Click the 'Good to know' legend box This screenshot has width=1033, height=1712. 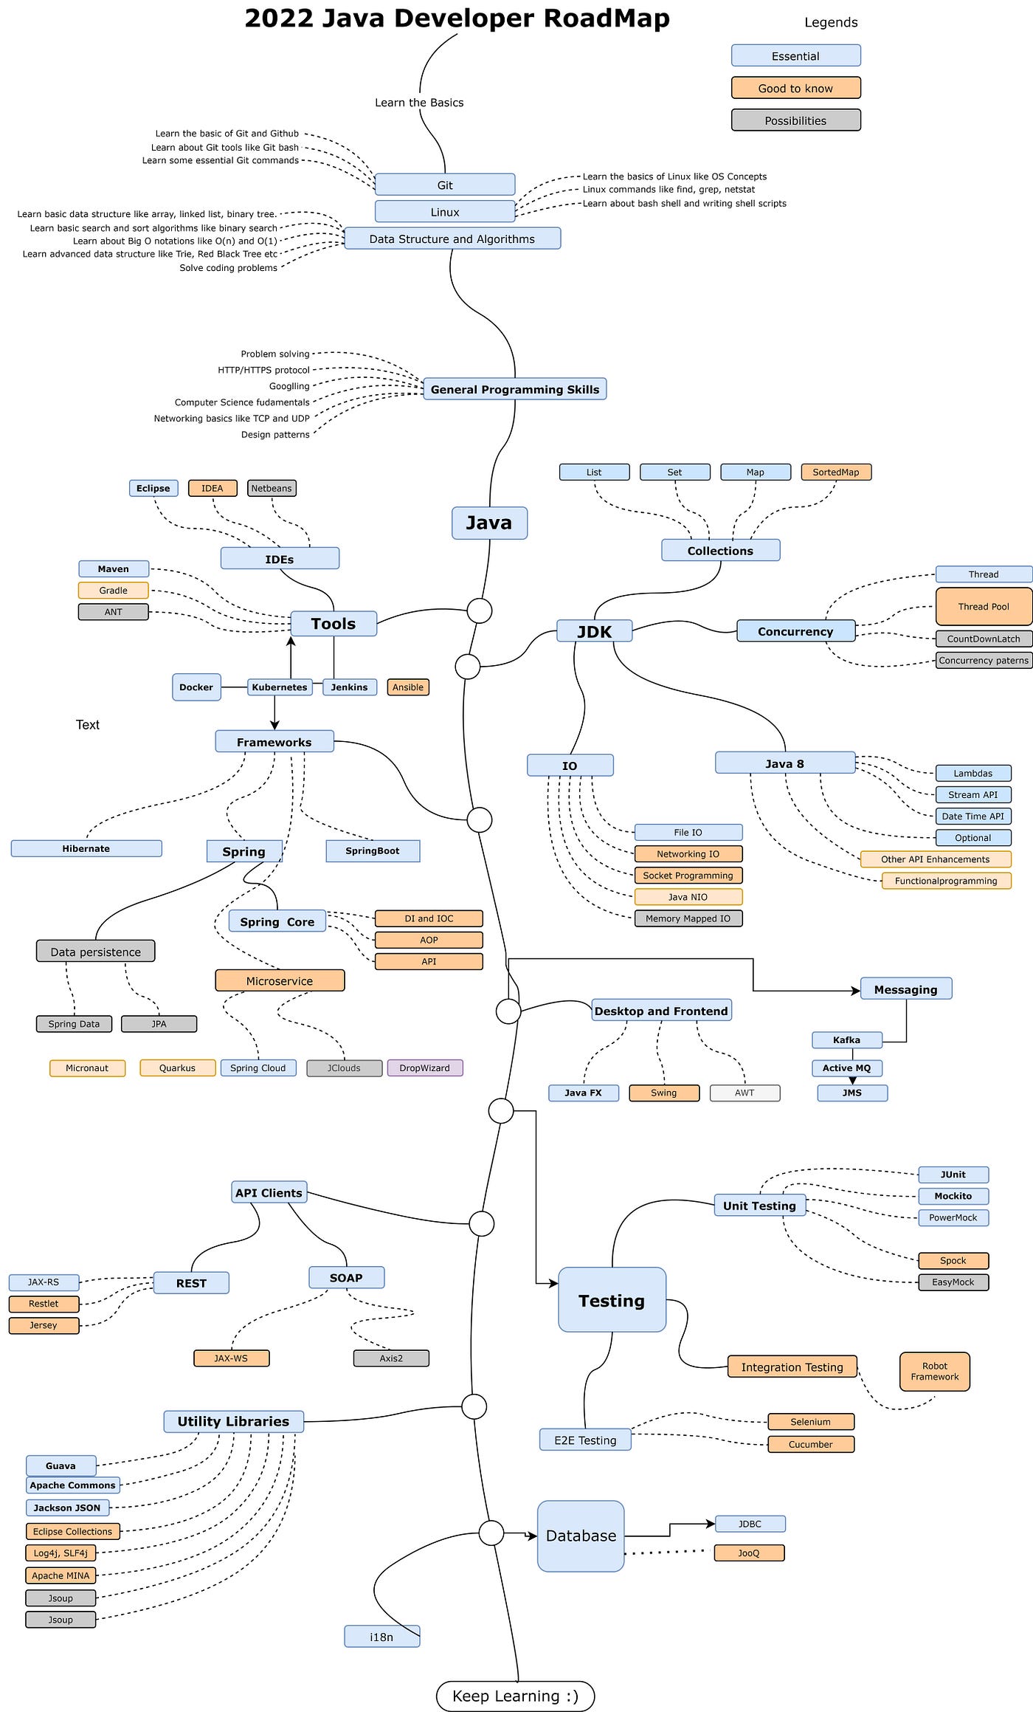(x=795, y=88)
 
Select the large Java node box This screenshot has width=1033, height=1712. (x=489, y=523)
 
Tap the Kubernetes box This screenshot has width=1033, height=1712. (x=279, y=687)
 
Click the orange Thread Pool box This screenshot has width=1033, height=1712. (x=983, y=606)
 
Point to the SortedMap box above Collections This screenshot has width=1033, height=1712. (x=835, y=472)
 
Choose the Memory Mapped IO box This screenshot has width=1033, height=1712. (x=688, y=918)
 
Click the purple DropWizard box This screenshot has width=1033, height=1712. (x=424, y=1068)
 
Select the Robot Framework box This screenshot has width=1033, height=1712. (x=934, y=1371)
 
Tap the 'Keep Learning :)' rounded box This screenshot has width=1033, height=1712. (x=515, y=1696)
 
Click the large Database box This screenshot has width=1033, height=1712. (x=581, y=1536)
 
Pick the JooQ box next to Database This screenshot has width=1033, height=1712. (x=748, y=1553)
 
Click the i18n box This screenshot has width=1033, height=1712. (x=381, y=1637)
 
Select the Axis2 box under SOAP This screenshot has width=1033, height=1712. (x=391, y=1358)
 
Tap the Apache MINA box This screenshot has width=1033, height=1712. (x=61, y=1575)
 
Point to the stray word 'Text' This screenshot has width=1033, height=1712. (x=87, y=724)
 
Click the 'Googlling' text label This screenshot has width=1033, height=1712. (x=289, y=386)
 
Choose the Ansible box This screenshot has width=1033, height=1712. (x=407, y=687)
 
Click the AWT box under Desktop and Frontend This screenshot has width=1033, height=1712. (x=744, y=1093)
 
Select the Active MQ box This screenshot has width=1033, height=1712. (x=846, y=1068)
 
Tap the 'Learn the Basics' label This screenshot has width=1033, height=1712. (x=419, y=103)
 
